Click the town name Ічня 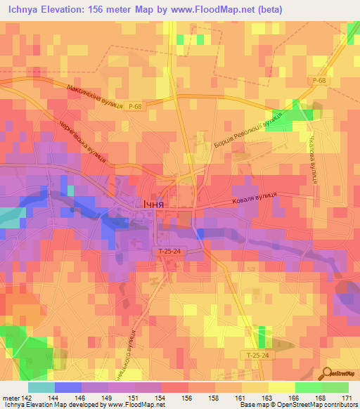[149, 203]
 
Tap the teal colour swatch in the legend [41, 387]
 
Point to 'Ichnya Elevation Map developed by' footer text [53, 405]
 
